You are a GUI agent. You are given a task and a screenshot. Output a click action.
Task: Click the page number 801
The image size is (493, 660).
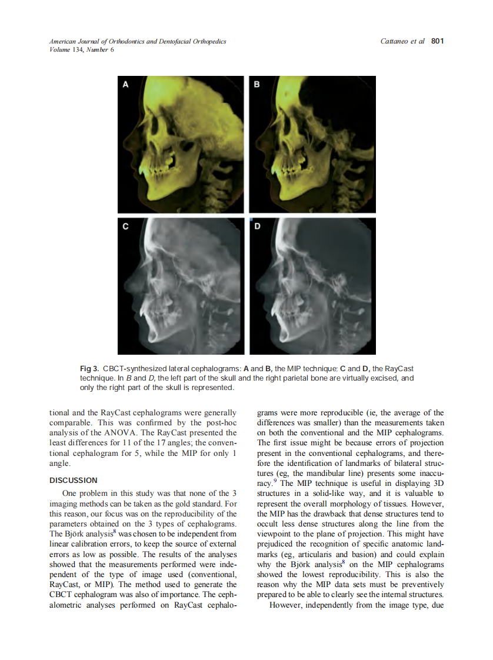click(437, 41)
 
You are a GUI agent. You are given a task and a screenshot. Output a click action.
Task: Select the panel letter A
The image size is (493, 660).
click(125, 85)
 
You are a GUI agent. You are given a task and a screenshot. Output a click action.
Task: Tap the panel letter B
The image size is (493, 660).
click(257, 85)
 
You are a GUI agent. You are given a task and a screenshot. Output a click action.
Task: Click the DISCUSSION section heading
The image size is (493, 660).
click(74, 480)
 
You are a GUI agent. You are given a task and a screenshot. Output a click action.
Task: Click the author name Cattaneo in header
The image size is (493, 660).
click(395, 41)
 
